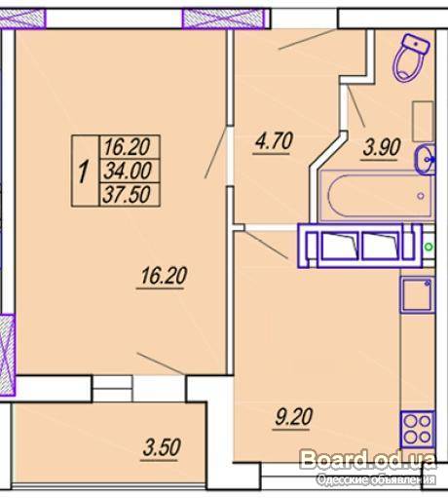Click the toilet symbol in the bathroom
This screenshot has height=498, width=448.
410,57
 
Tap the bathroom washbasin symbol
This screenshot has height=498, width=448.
426,160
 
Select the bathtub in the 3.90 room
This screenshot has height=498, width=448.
376,196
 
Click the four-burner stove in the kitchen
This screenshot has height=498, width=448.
418,429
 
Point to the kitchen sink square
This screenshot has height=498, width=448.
417,294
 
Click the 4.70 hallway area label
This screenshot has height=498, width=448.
275,141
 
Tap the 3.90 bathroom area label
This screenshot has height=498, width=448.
382,147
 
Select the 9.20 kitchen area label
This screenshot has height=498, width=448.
293,417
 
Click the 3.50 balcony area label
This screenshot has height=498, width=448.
162,447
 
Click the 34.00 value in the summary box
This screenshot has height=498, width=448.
128,171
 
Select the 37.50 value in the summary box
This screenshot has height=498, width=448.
127,194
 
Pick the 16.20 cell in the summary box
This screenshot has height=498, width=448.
128,147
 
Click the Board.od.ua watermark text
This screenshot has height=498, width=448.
368,459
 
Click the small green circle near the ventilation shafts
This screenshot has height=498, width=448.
429,247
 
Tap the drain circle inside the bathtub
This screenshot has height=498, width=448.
421,196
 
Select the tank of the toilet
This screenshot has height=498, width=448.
416,45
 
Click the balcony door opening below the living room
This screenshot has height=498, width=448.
112,388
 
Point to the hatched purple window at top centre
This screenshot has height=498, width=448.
226,19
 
